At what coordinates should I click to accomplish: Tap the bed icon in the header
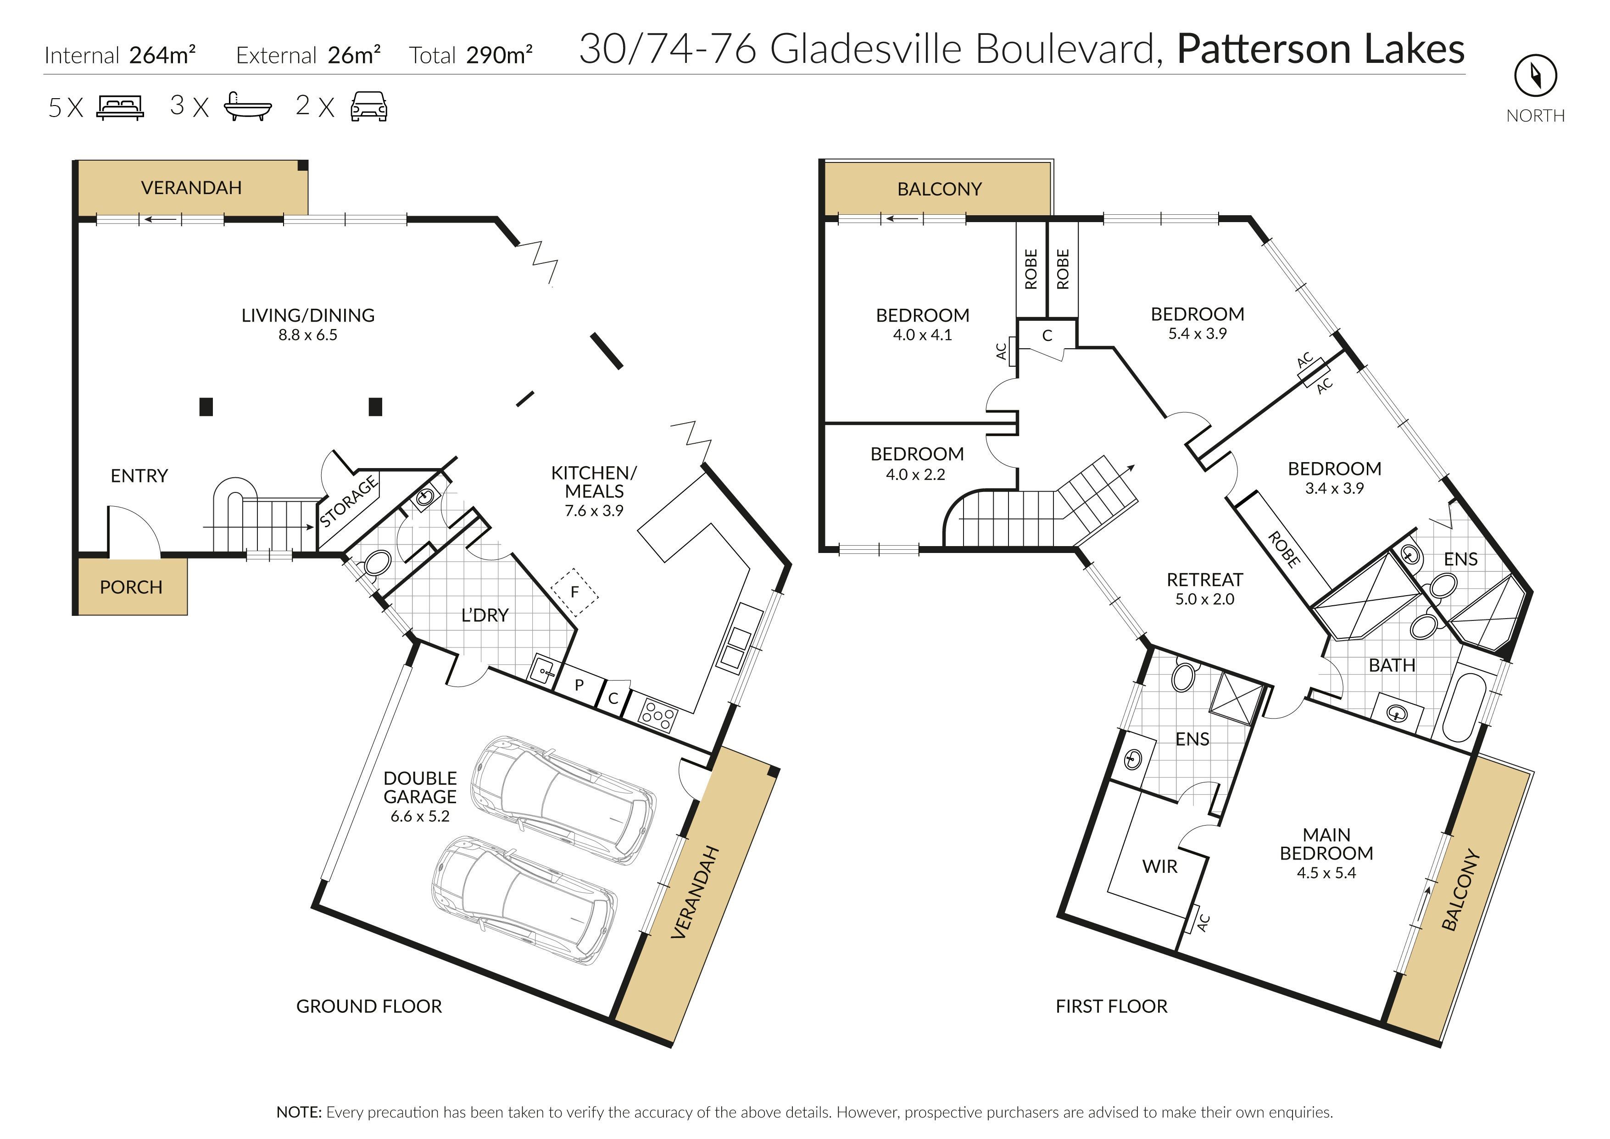click(120, 108)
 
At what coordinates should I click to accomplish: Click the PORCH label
click(131, 587)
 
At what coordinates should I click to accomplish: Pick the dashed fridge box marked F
click(574, 592)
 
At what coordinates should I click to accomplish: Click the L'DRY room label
click(485, 615)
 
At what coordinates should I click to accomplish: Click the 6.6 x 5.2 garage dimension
click(420, 816)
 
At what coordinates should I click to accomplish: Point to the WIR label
click(1160, 867)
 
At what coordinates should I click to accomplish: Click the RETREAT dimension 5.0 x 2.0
click(1205, 599)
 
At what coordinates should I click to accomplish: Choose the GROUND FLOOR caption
click(369, 1006)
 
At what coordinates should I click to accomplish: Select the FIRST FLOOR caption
click(1111, 1006)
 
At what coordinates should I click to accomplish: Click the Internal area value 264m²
click(162, 55)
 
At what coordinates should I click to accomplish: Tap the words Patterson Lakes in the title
click(1320, 49)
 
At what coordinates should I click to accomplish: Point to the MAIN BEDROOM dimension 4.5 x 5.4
click(1326, 873)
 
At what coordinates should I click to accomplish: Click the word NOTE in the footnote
click(299, 1112)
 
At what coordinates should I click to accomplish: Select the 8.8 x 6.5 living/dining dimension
click(308, 335)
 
